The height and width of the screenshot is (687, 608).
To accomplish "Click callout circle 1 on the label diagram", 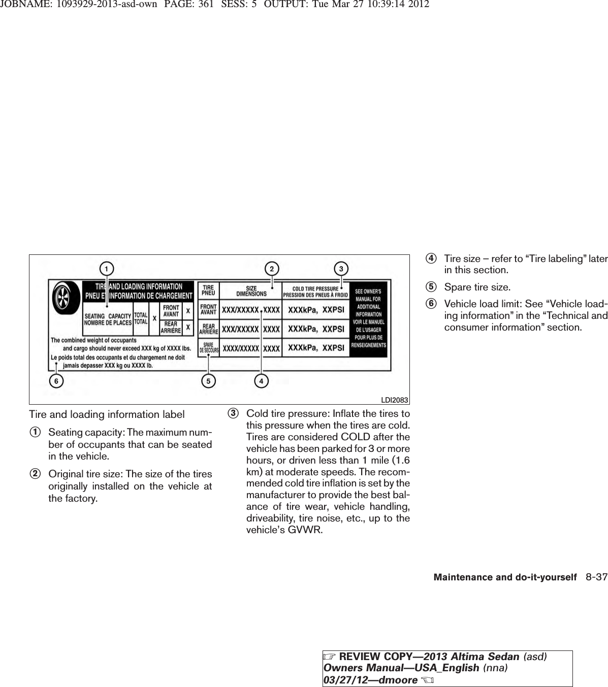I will (x=106, y=268).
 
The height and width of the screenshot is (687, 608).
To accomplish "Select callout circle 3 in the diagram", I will (x=341, y=268).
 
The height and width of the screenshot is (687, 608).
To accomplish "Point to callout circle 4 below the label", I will (x=262, y=380).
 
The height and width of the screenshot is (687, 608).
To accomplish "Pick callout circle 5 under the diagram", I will (x=207, y=380).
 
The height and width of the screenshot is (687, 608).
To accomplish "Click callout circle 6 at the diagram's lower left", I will (x=56, y=380).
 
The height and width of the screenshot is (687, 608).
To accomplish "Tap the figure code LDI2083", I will (x=396, y=400).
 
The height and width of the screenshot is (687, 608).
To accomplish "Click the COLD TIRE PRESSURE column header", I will (x=315, y=291).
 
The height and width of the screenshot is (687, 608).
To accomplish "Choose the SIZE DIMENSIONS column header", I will (x=251, y=291).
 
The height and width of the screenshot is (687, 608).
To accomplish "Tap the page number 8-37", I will (x=596, y=577).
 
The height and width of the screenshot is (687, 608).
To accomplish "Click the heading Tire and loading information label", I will (x=107, y=415).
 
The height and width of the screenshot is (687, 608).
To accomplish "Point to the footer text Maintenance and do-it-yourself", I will (x=505, y=577).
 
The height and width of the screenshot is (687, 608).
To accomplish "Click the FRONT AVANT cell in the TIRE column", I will (x=208, y=309).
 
